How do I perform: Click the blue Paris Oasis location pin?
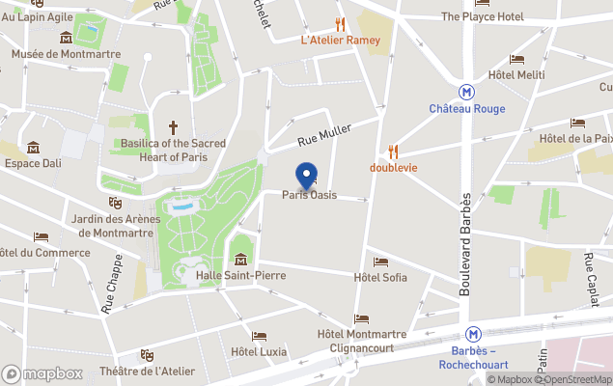[x=307, y=175]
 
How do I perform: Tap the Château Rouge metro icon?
[x=467, y=93]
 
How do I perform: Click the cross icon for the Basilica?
[x=174, y=127]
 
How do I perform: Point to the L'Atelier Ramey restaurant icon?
[x=340, y=24]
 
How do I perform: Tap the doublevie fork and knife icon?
[x=392, y=152]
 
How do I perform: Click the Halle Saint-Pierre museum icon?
[x=240, y=259]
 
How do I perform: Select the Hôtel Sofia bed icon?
[x=380, y=262]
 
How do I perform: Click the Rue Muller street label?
[x=323, y=133]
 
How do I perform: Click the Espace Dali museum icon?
[x=34, y=148]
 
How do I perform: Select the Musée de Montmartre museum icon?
[x=66, y=38]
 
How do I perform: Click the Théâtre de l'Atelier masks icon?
[x=147, y=355]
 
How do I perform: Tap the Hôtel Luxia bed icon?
[x=259, y=336]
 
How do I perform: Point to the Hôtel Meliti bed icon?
[x=516, y=59]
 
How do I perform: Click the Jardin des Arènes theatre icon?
[x=115, y=203]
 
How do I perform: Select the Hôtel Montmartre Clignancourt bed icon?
[x=361, y=318]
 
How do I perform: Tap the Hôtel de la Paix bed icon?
[x=577, y=123]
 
